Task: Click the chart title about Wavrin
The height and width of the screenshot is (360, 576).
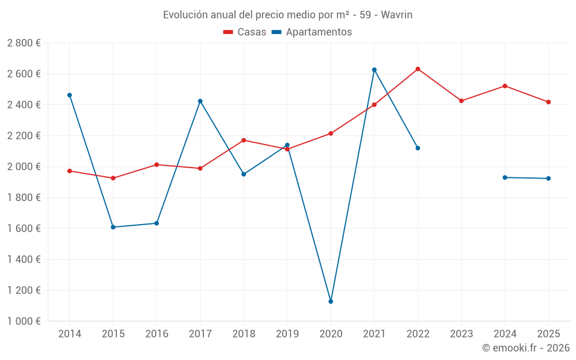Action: pos(287,15)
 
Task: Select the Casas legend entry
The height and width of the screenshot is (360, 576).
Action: pos(245,32)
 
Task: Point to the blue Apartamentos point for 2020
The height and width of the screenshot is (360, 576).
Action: pos(331,301)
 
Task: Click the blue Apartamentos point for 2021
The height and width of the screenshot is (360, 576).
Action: pos(374,70)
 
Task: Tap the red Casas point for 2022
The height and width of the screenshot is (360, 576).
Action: pos(418,69)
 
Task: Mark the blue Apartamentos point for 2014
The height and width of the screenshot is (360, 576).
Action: pos(70,95)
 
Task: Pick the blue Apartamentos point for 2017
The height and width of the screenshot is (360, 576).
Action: pos(200,101)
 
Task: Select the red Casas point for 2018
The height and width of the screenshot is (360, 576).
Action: pos(244,140)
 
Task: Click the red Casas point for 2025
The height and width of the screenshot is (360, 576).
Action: pos(548,102)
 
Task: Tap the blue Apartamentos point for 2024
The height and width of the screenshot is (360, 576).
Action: pos(505,177)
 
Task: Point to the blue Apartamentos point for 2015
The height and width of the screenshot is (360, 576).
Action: pos(113,227)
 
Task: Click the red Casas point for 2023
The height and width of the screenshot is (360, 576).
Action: pos(461,101)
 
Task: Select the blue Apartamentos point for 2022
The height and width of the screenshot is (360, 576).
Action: pos(418,148)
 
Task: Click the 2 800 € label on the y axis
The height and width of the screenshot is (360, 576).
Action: pos(24,43)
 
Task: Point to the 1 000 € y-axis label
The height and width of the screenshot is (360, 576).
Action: pos(24,321)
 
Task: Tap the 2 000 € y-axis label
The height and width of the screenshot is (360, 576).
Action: pos(24,166)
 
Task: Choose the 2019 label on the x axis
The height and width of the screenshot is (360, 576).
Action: pos(287,334)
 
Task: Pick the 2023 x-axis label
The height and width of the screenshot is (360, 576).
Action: pos(461,334)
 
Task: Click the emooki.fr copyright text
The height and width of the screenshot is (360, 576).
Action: pos(526,348)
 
